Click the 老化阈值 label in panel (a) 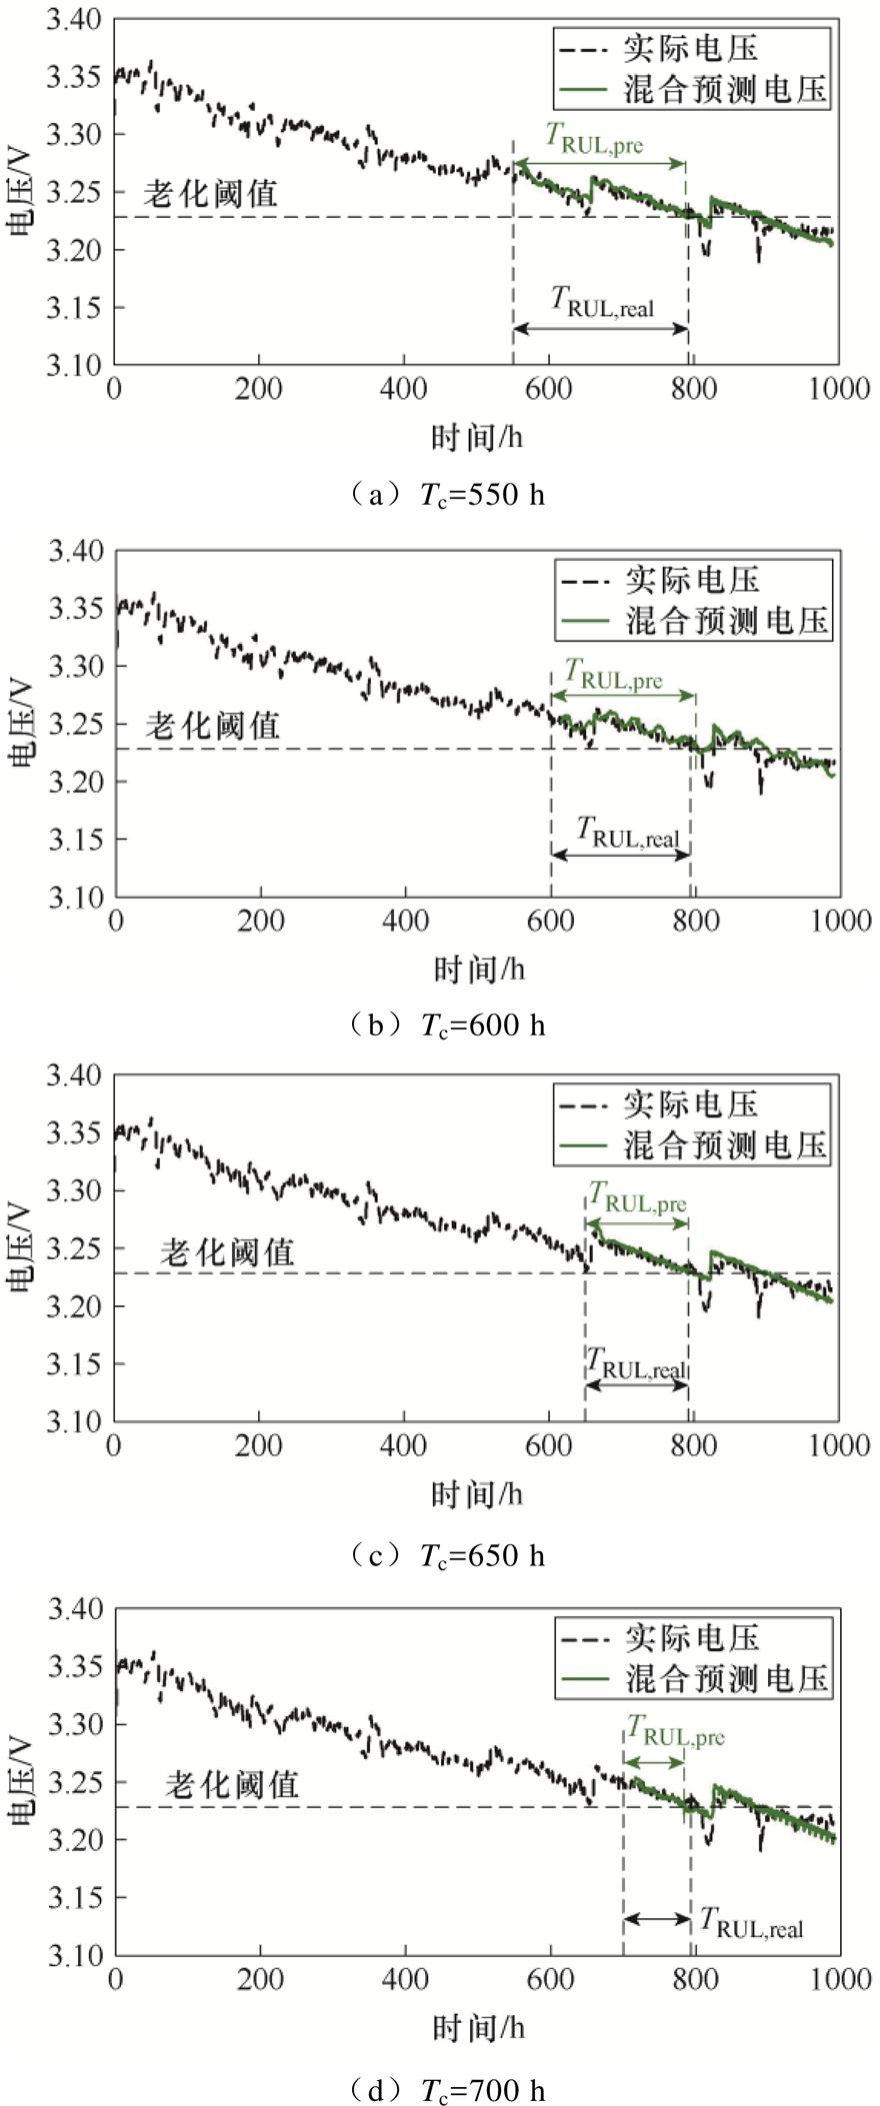(x=209, y=194)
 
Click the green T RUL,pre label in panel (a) (x=593, y=139)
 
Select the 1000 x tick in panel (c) (x=838, y=1446)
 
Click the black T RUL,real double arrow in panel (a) (x=600, y=329)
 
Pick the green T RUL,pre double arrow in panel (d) (x=654, y=1762)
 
